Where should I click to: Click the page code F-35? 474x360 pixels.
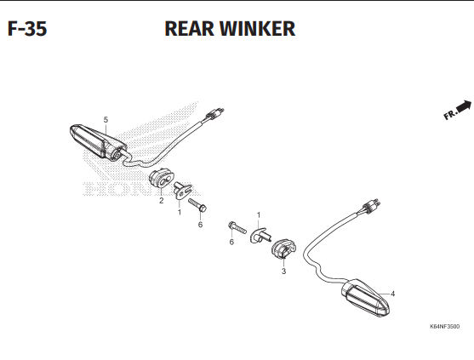pos(27,29)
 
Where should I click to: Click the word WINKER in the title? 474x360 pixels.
pos(257,29)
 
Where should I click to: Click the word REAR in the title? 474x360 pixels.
pos(189,29)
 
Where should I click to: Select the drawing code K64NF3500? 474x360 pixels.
pos(444,327)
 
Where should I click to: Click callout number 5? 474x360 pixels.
pos(106,120)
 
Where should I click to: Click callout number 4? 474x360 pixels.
pos(392,294)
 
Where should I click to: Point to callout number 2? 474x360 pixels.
pos(161,200)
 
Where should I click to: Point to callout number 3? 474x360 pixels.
pos(283,271)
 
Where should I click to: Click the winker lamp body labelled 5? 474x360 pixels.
pos(97,142)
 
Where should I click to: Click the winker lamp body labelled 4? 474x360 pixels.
pos(365,298)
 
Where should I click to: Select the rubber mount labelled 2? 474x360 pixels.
pos(162,179)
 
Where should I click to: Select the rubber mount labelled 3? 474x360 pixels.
pos(283,249)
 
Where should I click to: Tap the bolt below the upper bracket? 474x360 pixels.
pos(197,205)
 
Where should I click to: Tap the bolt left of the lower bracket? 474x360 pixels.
pos(237,227)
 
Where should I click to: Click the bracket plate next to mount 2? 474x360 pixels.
pos(182,190)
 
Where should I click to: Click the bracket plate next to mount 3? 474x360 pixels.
pos(260,236)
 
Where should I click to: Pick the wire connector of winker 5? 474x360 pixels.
pos(214,113)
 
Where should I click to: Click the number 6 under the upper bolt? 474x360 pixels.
pos(200,225)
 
